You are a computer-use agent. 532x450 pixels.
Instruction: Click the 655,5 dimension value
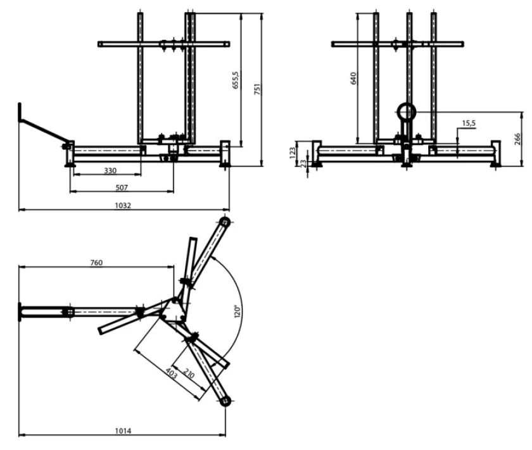click(x=236, y=80)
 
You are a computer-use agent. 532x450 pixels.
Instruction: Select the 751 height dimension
click(x=257, y=89)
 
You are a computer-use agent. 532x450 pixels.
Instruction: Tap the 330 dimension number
click(x=110, y=171)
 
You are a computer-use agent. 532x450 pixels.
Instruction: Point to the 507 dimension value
click(x=122, y=187)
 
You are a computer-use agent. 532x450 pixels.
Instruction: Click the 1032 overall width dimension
click(x=123, y=206)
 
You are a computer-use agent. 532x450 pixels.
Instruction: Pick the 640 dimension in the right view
click(x=353, y=78)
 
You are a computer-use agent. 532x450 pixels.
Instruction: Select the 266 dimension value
click(x=517, y=139)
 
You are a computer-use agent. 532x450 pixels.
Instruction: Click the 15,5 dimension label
click(x=469, y=123)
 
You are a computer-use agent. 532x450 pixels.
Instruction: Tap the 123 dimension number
click(x=293, y=153)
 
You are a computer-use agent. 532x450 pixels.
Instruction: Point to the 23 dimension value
click(x=303, y=163)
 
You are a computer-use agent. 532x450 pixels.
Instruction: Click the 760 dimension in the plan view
click(x=96, y=263)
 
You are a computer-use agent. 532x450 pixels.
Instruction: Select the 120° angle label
click(x=237, y=311)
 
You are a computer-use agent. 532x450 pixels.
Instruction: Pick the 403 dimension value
click(x=172, y=373)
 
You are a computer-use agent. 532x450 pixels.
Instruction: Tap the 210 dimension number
click(x=189, y=373)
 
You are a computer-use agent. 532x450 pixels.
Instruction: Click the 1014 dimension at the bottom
click(x=123, y=430)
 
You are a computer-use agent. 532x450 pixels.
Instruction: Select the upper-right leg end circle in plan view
click(x=225, y=222)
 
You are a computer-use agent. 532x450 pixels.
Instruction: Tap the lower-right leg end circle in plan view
click(x=225, y=401)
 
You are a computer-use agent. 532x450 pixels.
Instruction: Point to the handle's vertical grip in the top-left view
click(x=20, y=112)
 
